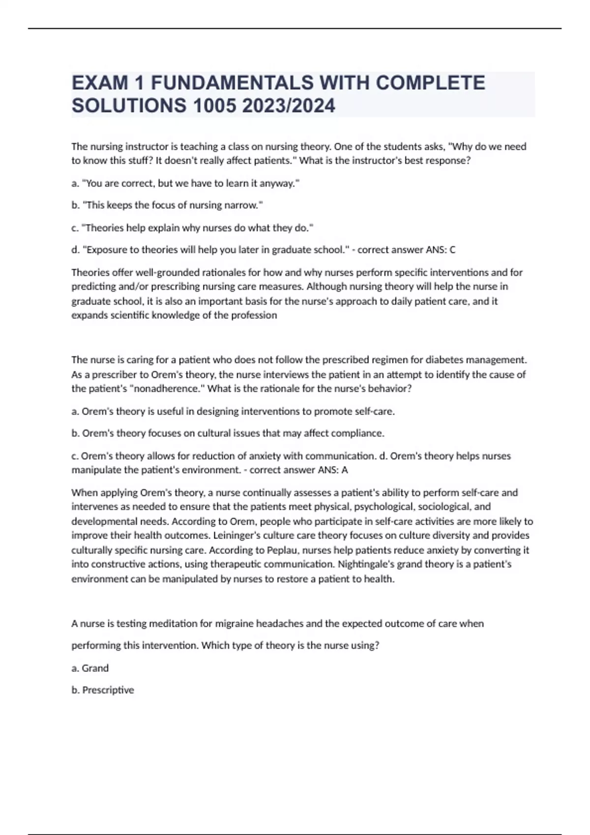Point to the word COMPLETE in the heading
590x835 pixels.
[x=430, y=83]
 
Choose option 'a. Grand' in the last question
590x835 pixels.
[x=90, y=668]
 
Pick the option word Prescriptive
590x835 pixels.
[x=108, y=690]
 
